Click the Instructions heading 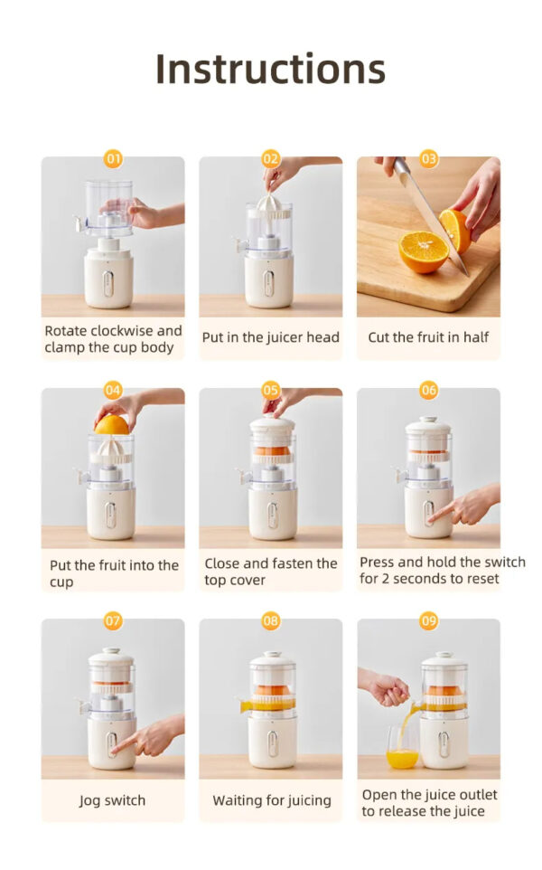(x=270, y=69)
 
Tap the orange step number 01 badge (x=113, y=159)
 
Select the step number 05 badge (x=271, y=390)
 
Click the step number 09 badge (x=428, y=621)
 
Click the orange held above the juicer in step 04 (x=111, y=423)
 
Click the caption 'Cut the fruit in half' (x=428, y=337)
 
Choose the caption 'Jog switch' (x=112, y=800)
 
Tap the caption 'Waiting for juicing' (x=271, y=800)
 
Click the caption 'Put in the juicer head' (x=270, y=337)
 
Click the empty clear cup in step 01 (x=108, y=208)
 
